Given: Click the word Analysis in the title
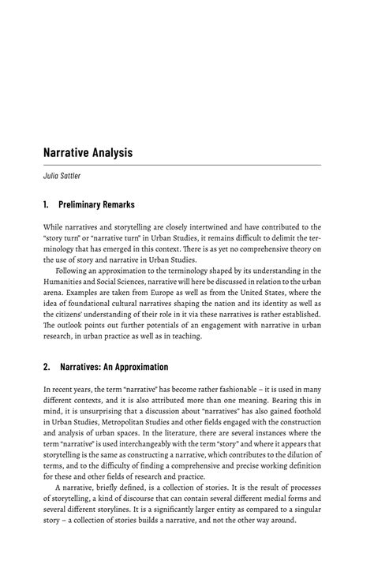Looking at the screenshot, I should point(107,152).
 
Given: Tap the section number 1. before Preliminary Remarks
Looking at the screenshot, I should point(47,204).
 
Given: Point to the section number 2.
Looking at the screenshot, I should point(47,367).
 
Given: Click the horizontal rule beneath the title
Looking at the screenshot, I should point(181,165).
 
